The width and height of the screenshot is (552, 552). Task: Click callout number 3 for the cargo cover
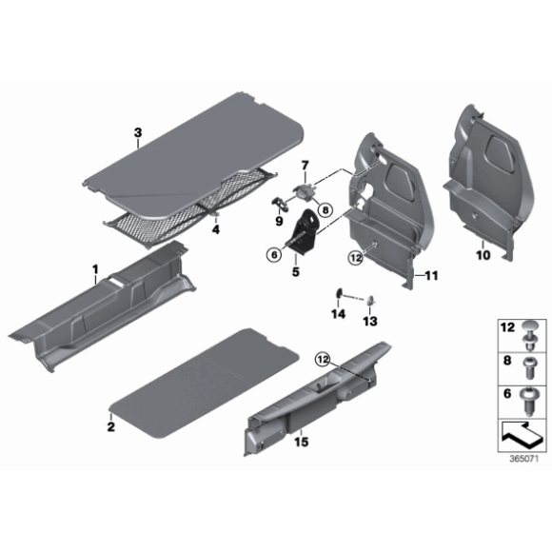138,132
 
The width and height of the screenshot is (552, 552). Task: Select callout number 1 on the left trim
95,271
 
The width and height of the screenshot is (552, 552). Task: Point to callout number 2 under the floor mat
111,428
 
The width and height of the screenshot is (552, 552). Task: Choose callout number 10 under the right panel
482,255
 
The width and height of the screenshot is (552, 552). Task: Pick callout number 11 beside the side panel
430,276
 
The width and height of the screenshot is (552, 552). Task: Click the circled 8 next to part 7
324,209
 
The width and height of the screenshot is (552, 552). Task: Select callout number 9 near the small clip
280,222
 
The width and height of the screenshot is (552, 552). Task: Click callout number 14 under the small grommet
337,313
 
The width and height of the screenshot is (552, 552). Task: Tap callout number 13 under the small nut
369,321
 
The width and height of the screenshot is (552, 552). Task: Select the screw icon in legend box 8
531,364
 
